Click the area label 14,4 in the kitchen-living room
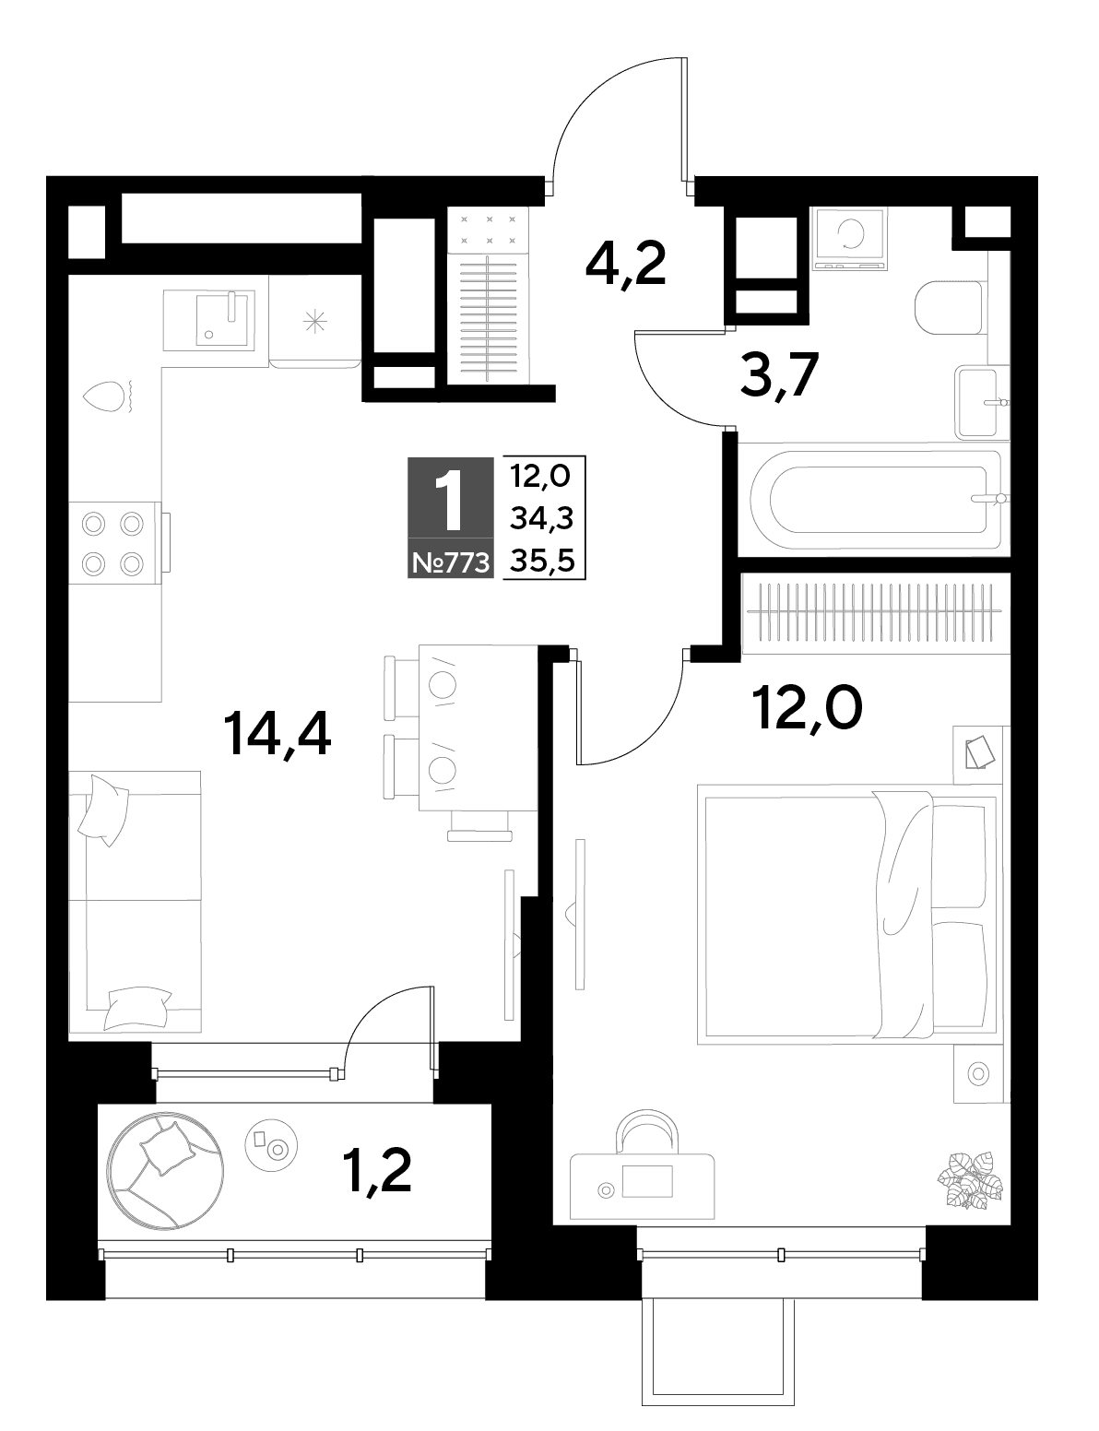[278, 735]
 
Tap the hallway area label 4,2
[625, 264]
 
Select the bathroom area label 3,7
[780, 374]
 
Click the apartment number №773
[451, 563]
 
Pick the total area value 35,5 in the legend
[543, 561]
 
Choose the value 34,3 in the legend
[542, 519]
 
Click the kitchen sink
[208, 320]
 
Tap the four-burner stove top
[114, 543]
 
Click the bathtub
[874, 499]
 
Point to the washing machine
[850, 238]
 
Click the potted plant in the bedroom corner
[970, 1181]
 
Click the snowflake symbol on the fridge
[314, 322]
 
